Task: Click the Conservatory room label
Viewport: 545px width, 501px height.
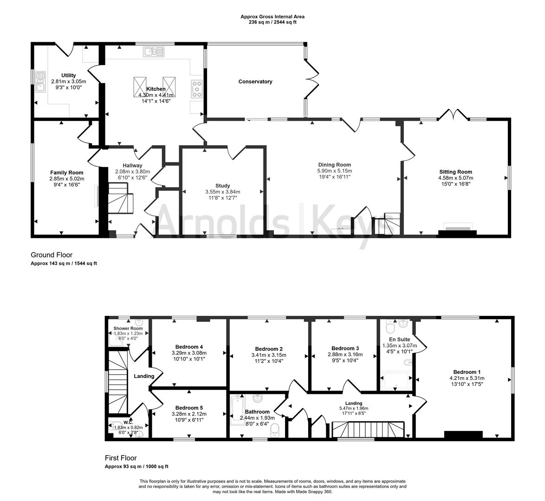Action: tap(255, 82)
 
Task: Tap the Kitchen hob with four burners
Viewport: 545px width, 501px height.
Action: tap(197, 89)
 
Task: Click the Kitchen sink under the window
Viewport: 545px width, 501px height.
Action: tap(154, 51)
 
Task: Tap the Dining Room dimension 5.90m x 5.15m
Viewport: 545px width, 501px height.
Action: tap(334, 171)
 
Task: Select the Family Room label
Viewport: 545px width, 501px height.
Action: tap(67, 173)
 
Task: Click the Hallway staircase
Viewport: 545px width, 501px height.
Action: tap(120, 198)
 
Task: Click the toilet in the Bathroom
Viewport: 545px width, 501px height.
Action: tap(275, 429)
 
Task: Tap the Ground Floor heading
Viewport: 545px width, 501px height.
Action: tap(52, 255)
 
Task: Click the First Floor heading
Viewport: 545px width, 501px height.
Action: tap(121, 458)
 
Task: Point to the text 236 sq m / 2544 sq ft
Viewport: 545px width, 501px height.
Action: tap(272, 22)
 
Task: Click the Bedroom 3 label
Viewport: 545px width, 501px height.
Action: tap(345, 348)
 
